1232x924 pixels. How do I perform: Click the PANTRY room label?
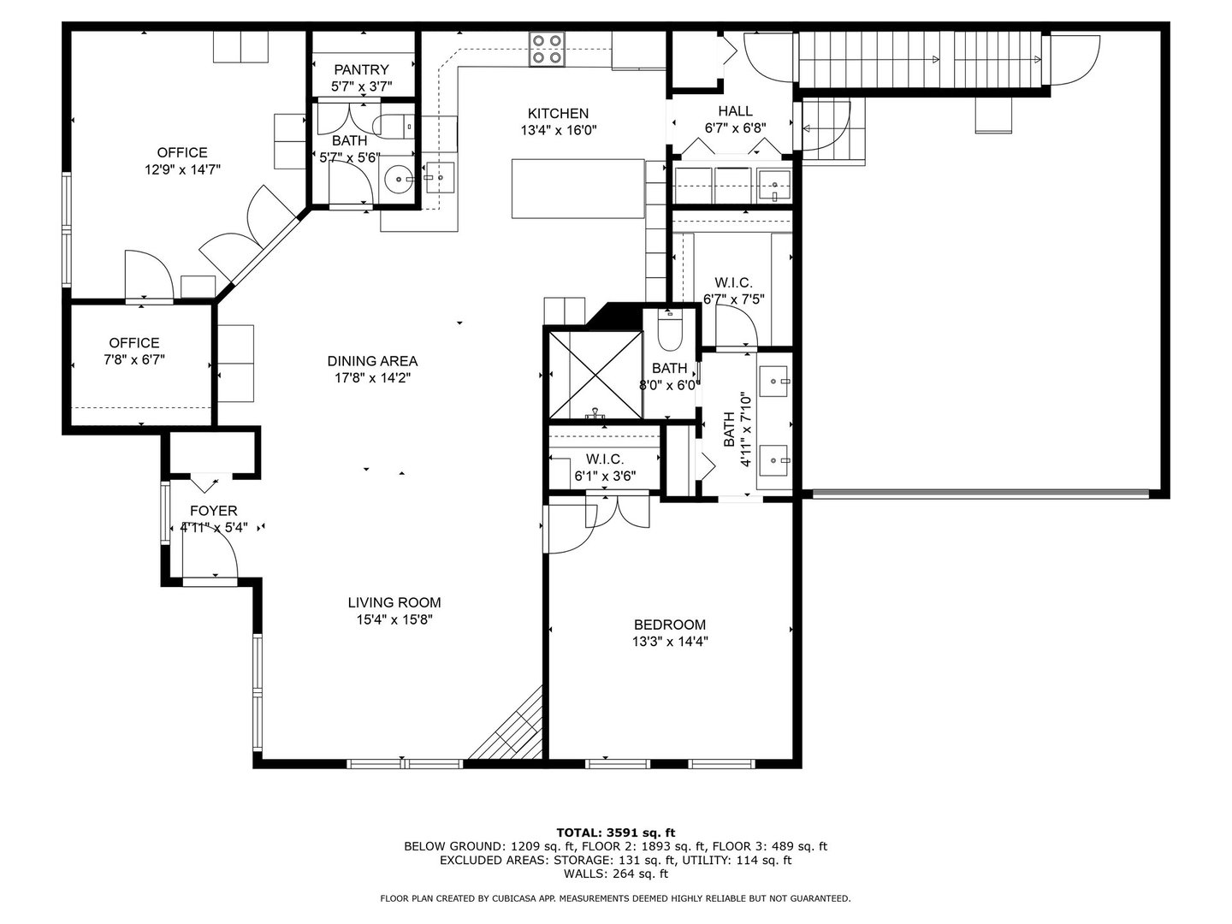pyautogui.click(x=361, y=69)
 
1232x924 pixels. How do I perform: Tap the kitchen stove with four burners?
pyautogui.click(x=546, y=49)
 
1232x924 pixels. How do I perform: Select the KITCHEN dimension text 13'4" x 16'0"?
pyautogui.click(x=558, y=130)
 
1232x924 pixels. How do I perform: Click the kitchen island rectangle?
pyautogui.click(x=577, y=189)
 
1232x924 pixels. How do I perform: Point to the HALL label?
pyautogui.click(x=735, y=110)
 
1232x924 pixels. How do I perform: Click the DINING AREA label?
pyautogui.click(x=372, y=361)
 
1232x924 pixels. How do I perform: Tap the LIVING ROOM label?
pyautogui.click(x=394, y=602)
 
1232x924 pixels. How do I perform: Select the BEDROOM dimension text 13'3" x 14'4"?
pyautogui.click(x=670, y=641)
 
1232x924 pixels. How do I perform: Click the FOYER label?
pyautogui.click(x=213, y=511)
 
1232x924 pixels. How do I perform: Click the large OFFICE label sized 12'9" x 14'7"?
pyautogui.click(x=182, y=152)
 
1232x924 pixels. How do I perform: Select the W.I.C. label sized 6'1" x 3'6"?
pyautogui.click(x=604, y=459)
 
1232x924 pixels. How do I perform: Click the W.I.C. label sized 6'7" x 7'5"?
pyautogui.click(x=733, y=282)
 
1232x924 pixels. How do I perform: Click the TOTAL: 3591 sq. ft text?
pyautogui.click(x=615, y=832)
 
